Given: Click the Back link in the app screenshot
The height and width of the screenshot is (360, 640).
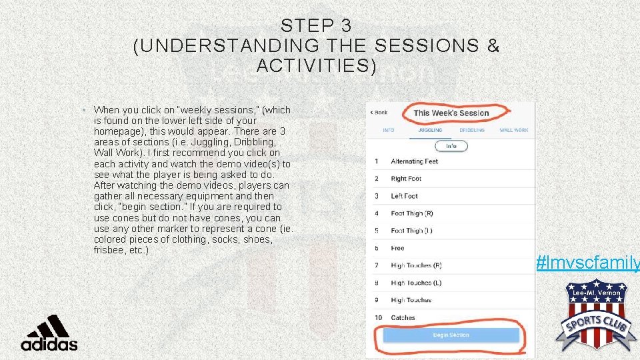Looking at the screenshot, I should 379,112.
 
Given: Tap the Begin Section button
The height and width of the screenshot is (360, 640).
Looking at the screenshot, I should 451,335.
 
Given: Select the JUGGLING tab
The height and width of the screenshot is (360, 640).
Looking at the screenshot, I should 430,131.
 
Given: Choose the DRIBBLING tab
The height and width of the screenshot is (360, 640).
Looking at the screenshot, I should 471,131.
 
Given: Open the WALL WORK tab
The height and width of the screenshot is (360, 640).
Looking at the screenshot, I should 514,131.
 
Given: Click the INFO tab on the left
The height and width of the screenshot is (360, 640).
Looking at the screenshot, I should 389,131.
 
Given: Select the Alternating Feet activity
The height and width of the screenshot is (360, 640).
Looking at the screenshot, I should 414,161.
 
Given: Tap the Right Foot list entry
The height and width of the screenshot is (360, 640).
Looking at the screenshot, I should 406,179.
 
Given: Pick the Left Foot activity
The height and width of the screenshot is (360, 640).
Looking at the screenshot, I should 404,196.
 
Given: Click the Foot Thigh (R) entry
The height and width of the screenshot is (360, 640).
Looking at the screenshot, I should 411,213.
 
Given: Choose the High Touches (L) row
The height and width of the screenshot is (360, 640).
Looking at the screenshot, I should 416,283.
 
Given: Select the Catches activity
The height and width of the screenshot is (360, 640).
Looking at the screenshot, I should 403,317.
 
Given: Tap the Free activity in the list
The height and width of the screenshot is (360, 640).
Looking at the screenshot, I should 397,248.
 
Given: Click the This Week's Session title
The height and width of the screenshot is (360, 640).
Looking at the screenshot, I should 451,113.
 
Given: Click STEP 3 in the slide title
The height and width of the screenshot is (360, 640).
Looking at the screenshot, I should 316,26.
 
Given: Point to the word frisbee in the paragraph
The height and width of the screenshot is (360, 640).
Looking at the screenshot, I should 110,250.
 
